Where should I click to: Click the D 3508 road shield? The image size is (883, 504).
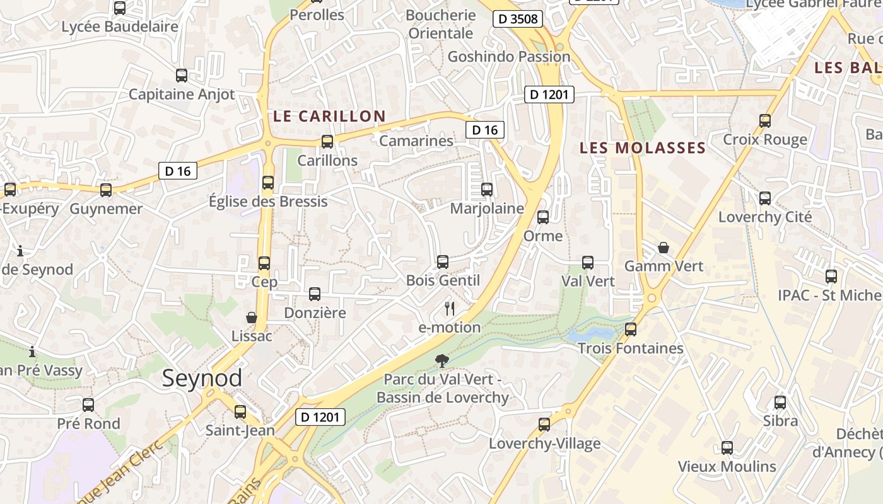518,19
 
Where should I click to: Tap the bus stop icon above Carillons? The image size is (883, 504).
327,142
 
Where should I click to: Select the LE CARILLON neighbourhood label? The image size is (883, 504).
329,116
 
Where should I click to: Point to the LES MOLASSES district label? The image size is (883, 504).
642,148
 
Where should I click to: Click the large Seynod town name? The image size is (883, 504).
202,378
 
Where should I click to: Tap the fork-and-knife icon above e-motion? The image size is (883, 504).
450,308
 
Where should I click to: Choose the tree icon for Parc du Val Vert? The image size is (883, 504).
442,361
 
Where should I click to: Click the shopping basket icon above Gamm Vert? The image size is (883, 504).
664,248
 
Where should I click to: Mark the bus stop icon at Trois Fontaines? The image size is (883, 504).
630,329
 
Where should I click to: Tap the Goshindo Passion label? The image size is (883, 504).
508,57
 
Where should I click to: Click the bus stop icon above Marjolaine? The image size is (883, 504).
486,190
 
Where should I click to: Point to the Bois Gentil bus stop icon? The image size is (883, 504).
442,262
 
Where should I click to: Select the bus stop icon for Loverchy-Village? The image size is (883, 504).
544,425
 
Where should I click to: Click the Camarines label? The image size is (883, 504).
416,141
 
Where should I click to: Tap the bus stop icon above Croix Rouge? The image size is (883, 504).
764,121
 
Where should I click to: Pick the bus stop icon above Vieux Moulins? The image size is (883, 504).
727,448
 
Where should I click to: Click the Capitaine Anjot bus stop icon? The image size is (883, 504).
182,76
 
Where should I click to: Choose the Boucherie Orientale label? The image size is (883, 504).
441,24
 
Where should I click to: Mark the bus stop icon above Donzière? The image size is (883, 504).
314,294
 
